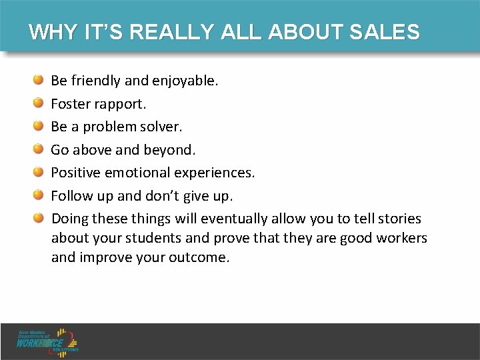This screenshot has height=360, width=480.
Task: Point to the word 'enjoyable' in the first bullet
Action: coord(185,81)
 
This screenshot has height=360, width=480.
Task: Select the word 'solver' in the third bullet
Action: coord(161,127)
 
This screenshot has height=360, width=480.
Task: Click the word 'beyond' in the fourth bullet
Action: coord(172,149)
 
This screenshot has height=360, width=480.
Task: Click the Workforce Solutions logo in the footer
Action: coord(48,341)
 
